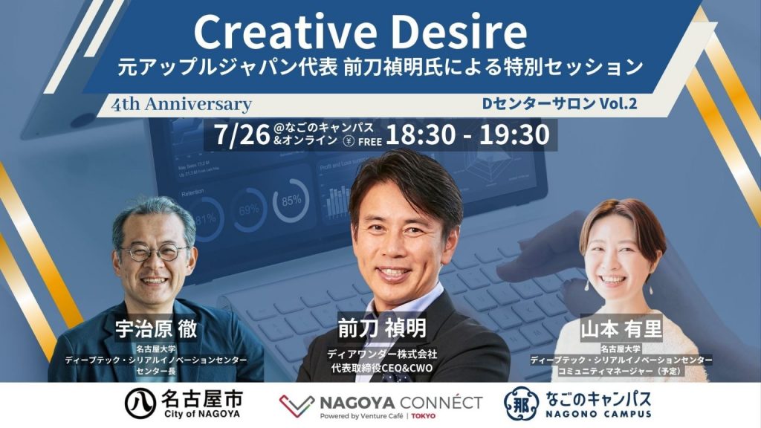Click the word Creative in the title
[x=285, y=31]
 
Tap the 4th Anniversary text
[x=181, y=104]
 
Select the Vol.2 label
[x=618, y=103]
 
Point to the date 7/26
[x=242, y=135]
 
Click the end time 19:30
[x=515, y=134]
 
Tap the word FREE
[x=370, y=142]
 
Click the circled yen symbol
[x=349, y=141]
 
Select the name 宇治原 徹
[x=156, y=328]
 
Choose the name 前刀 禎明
[x=383, y=328]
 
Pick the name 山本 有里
[x=621, y=329]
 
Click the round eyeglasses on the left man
[x=155, y=252]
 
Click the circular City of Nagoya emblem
[x=140, y=403]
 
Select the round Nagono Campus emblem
[x=521, y=403]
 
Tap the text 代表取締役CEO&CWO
[x=381, y=368]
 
